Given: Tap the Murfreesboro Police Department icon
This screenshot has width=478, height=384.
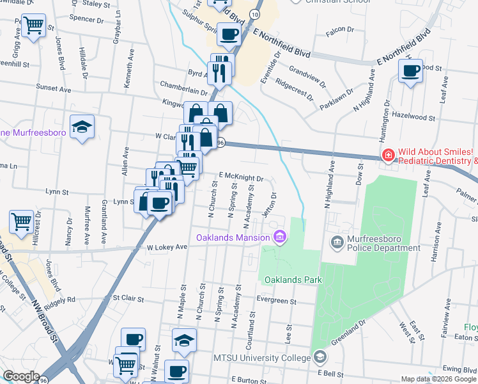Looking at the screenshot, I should tap(336, 243).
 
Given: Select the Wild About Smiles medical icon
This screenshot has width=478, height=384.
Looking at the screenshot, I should tap(388, 155).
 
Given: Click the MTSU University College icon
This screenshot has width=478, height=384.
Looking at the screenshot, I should tap(319, 356).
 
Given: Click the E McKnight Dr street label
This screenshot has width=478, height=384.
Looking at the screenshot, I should tap(242, 179).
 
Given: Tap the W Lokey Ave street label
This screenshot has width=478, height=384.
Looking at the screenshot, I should tap(167, 247).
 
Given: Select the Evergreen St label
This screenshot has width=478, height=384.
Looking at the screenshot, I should tap(276, 300).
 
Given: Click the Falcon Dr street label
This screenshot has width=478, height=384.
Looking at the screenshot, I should tap(339, 29).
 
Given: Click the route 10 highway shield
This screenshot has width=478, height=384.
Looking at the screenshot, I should tap(255, 13).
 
